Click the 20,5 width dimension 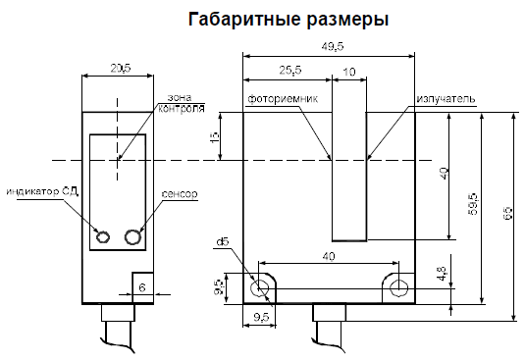[121, 68]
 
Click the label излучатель [446, 100]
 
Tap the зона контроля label [180, 102]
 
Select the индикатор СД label [42, 193]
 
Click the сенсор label [180, 194]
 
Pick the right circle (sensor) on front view [133, 235]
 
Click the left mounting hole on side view [261, 287]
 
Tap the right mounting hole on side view [397, 287]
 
